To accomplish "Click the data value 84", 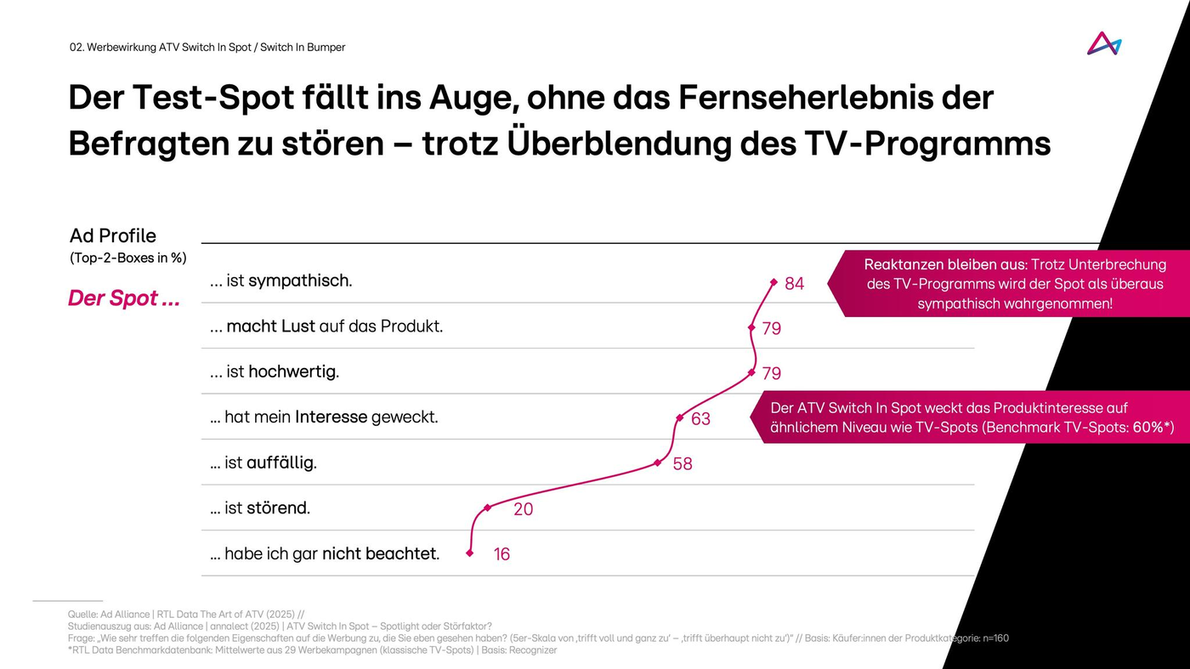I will coord(794,284).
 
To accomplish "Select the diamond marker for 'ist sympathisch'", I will coord(773,282).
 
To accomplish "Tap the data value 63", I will coord(700,419).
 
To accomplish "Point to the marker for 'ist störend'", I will coord(487,507).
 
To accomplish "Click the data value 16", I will coord(501,554).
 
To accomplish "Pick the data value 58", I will coord(682,464).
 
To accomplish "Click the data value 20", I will coord(524,509).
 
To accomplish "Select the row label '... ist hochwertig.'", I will coord(275,371).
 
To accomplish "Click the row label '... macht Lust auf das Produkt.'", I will coord(326,326).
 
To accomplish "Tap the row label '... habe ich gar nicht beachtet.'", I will coord(325,553).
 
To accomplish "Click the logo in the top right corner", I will coord(1103,43).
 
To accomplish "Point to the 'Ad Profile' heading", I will coord(113,235).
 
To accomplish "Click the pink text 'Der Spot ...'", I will coord(124,298).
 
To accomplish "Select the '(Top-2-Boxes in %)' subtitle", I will coord(127,258).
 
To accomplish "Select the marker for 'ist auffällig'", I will coord(657,462).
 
